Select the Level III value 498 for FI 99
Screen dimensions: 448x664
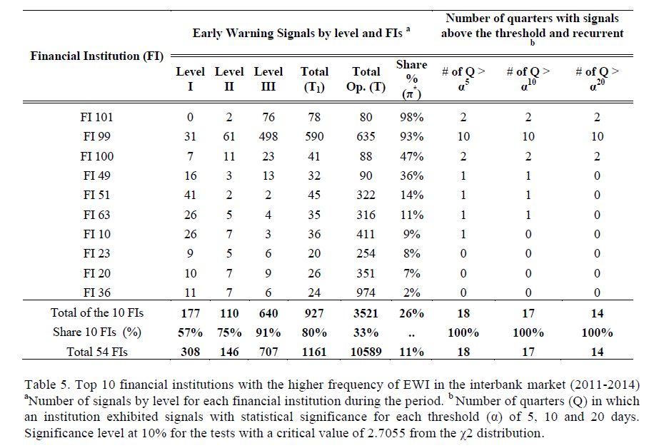(268, 136)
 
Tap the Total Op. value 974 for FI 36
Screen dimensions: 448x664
(366, 292)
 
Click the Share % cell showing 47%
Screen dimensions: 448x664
(411, 156)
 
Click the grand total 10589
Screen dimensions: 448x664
(366, 351)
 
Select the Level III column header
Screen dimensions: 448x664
(268, 78)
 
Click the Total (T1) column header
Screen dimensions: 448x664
(314, 78)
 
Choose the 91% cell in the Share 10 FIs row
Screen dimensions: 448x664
(268, 332)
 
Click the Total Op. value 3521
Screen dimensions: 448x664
(366, 312)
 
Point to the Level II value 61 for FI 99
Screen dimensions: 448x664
(229, 136)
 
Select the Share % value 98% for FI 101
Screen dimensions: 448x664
(411, 117)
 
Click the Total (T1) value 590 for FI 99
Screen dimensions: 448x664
(314, 136)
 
